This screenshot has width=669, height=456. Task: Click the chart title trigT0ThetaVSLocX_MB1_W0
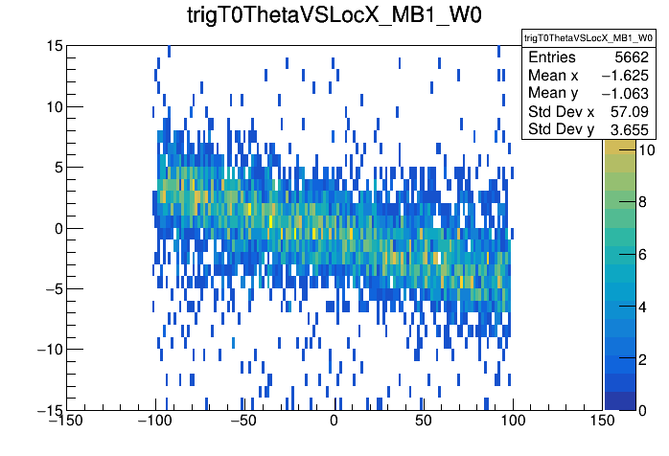tap(334, 15)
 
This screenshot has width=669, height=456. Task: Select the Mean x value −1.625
tap(625, 76)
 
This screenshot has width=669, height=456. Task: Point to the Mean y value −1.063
tap(625, 94)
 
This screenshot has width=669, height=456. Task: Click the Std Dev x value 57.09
tap(630, 112)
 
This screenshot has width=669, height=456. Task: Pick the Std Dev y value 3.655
tap(630, 129)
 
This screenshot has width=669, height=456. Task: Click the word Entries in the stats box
tap(552, 57)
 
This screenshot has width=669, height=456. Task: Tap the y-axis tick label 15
tap(55, 46)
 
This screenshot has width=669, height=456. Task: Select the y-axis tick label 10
tap(55, 106)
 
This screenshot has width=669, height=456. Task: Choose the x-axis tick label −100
tap(155, 421)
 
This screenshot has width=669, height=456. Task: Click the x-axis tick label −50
tap(244, 421)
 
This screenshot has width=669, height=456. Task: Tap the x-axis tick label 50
tap(423, 421)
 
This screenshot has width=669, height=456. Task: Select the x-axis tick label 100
tap(513, 421)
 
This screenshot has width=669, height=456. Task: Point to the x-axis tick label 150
tap(602, 421)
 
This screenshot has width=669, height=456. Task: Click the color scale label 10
tap(646, 150)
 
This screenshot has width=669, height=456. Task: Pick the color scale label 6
tap(642, 255)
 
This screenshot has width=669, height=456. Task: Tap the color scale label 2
tap(642, 359)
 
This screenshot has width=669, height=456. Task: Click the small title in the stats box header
tap(588, 38)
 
